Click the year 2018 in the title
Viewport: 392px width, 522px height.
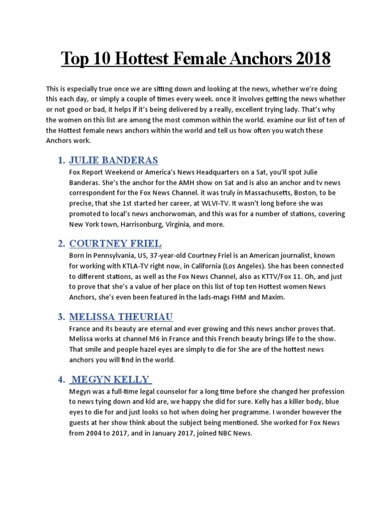[x=309, y=59]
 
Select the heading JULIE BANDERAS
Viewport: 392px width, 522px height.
[x=114, y=161]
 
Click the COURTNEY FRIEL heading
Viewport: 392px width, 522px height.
[x=115, y=243]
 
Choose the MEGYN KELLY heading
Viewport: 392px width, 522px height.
[x=110, y=379]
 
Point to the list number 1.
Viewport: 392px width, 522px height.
[x=61, y=161]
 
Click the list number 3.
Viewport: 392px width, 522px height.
[x=61, y=317]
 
